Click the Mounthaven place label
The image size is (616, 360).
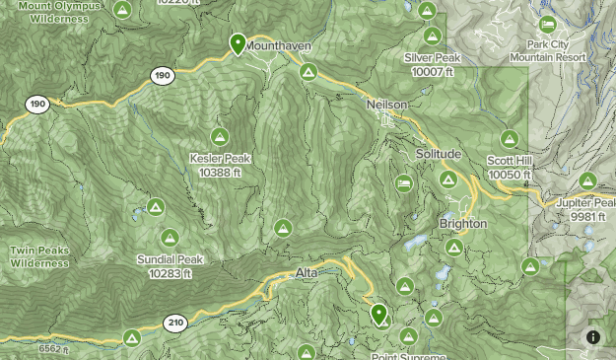pos(278,45)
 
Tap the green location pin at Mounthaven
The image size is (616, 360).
pos(238,43)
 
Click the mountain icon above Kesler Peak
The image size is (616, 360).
pos(220,137)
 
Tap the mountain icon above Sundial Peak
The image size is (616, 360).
pos(170,238)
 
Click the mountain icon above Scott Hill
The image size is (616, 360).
pos(510,139)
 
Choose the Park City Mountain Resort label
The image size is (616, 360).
pos(548,51)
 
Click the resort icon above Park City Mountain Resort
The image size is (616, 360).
pos(548,25)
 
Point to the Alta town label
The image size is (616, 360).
pos(307,273)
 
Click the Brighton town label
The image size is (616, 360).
pos(463,224)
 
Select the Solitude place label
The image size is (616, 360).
pos(438,155)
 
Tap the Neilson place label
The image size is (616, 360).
pos(386,105)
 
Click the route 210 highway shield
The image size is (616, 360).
pos(176,323)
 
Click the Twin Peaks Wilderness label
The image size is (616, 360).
pos(39,256)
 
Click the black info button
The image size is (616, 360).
pos(593,337)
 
